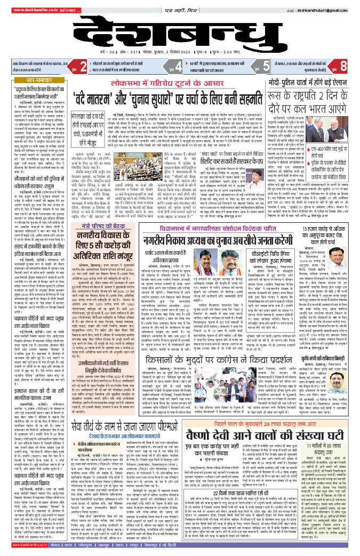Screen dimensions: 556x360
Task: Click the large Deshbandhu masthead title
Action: coord(180,34)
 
